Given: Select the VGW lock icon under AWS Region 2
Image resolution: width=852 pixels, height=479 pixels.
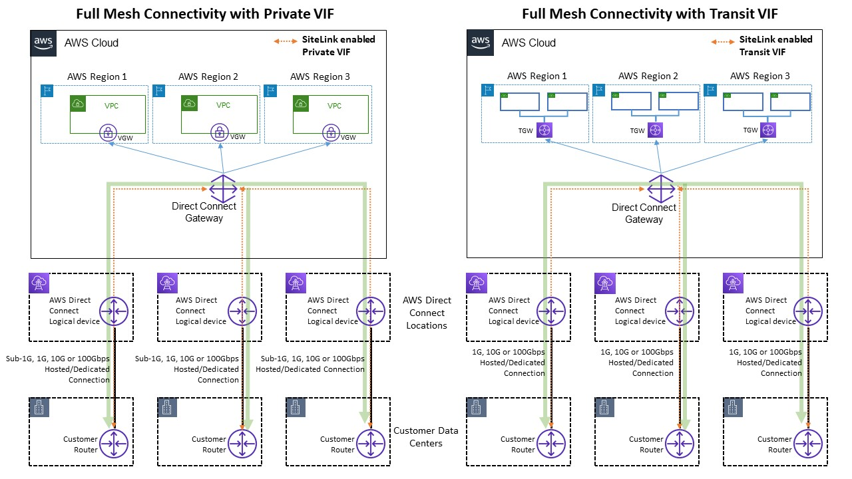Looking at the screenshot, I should click(x=219, y=132).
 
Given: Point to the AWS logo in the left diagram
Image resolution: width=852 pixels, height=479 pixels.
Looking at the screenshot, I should click(x=44, y=43).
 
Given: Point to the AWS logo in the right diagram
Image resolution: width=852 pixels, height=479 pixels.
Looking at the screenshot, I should click(x=481, y=43).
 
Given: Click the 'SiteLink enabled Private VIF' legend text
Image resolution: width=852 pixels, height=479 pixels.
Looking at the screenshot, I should click(x=338, y=45).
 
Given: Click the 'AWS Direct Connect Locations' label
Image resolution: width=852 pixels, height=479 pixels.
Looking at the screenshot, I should click(x=427, y=313).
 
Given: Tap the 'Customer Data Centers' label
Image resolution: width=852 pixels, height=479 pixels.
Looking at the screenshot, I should click(x=426, y=437).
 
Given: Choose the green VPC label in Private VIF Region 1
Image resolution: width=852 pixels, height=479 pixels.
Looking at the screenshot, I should click(x=111, y=106).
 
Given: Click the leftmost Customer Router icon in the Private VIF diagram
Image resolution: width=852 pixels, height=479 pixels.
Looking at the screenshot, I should click(x=114, y=444).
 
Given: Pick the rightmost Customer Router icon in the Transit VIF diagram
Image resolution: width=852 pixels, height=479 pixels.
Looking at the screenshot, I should click(x=809, y=444).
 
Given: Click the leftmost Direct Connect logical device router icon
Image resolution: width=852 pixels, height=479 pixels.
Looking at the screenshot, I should click(x=114, y=311).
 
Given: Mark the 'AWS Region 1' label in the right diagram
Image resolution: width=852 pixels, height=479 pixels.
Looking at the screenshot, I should click(x=536, y=77).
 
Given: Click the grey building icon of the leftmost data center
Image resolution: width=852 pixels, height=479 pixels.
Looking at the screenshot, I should click(x=39, y=408).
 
